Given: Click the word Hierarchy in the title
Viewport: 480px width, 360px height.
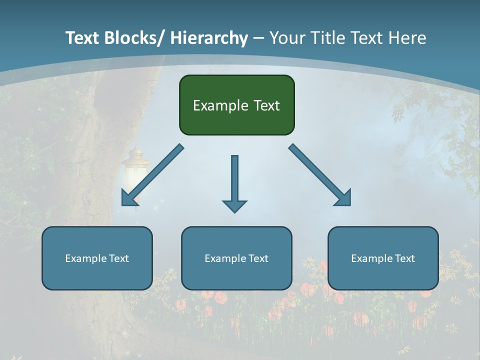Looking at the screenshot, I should tap(209, 38).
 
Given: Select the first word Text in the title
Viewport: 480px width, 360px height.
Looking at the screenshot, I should tap(83, 38).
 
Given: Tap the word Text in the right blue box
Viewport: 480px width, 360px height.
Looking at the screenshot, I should tap(404, 258).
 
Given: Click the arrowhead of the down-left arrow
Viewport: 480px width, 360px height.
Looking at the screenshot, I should tap(128, 199).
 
